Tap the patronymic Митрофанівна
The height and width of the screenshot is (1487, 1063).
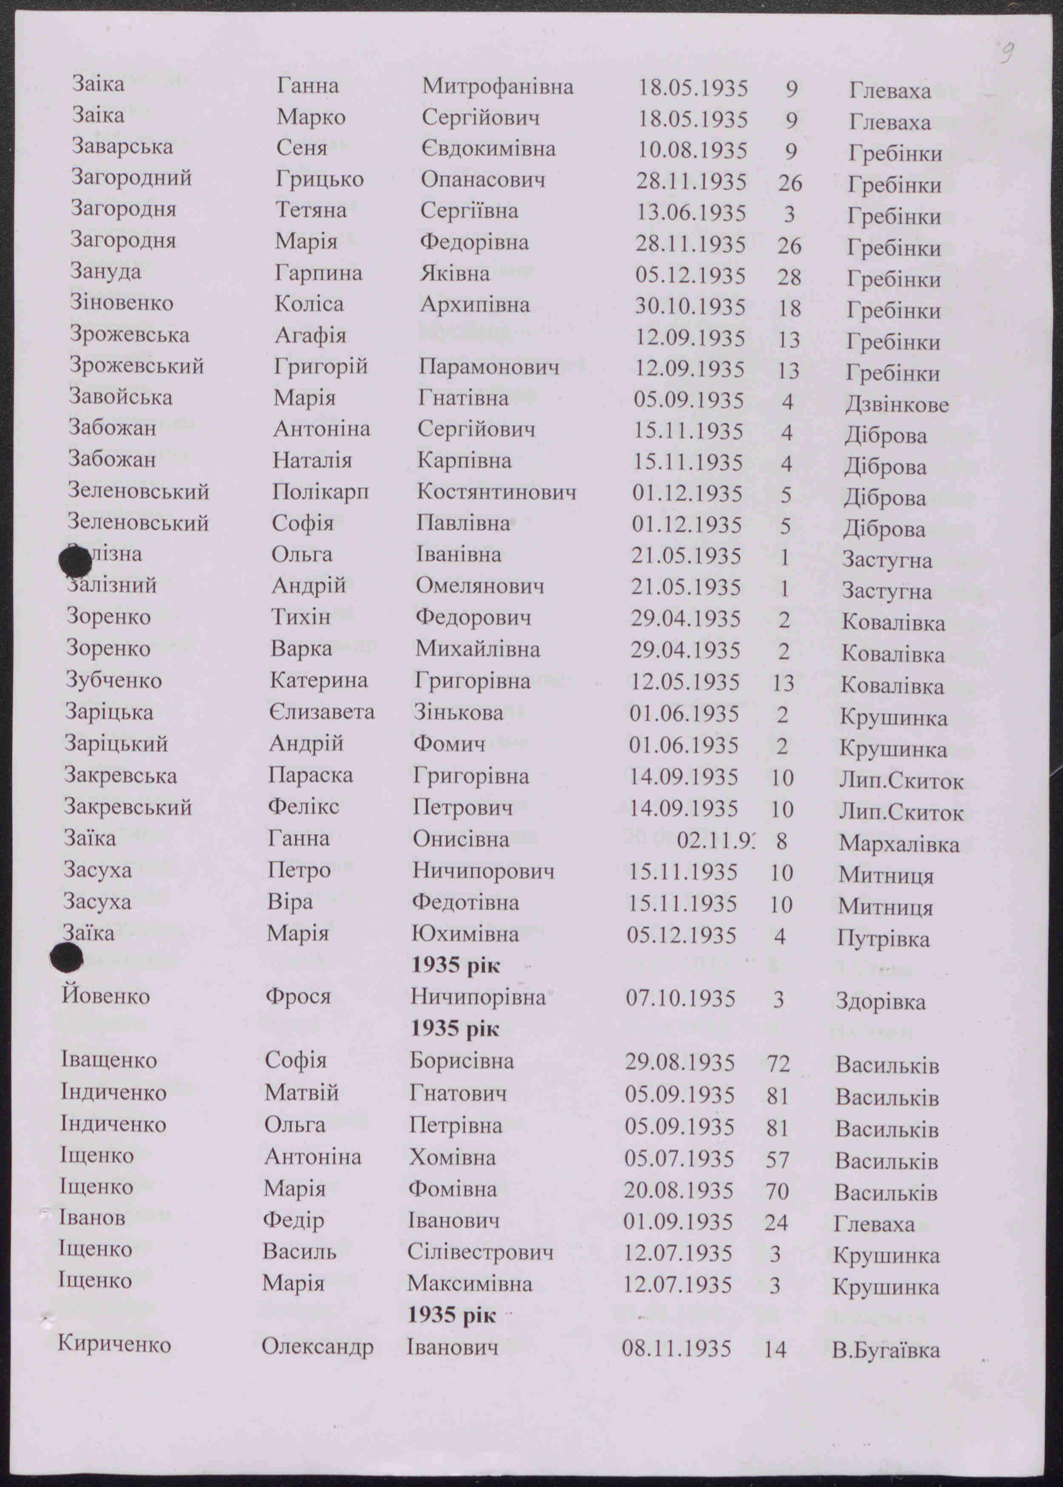[x=497, y=86]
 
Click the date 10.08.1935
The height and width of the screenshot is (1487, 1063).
[x=693, y=150]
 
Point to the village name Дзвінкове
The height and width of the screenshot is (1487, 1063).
[x=897, y=404]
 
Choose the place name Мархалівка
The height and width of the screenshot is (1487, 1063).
[x=899, y=844]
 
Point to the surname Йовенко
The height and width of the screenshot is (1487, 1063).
[x=105, y=996]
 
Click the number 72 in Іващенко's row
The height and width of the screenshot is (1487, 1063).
[x=778, y=1063]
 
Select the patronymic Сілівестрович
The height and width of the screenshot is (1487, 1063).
[x=480, y=1252]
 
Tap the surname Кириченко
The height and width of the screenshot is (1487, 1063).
[x=114, y=1344]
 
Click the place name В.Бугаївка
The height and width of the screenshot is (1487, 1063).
[x=886, y=1350]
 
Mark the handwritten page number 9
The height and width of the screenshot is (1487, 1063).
[x=1007, y=52]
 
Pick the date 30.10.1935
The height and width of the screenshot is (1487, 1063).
[x=690, y=306]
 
